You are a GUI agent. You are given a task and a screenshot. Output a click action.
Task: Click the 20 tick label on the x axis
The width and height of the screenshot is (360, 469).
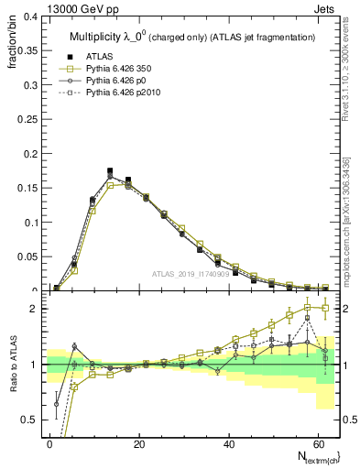point(139,443)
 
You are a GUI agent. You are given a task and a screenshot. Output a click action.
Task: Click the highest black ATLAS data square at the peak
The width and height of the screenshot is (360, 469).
point(110,170)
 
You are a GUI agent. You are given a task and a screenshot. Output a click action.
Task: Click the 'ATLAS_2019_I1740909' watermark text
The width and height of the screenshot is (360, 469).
point(190,274)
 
